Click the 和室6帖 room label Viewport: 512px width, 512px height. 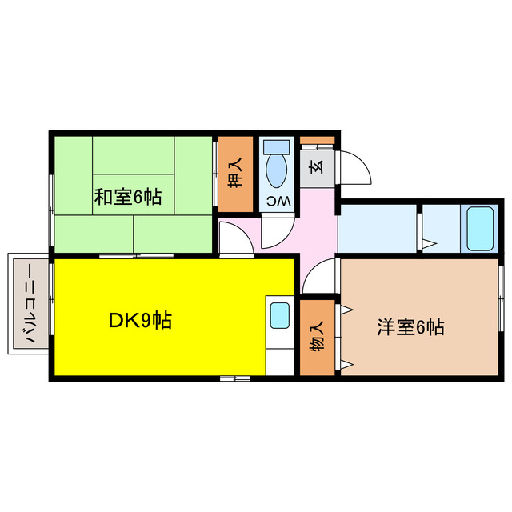(128, 197)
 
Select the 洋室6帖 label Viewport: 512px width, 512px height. (410, 326)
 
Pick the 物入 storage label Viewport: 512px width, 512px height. (318, 337)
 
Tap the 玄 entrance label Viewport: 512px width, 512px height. (316, 169)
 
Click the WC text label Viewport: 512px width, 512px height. (277, 199)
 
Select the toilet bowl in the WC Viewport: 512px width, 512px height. (277, 170)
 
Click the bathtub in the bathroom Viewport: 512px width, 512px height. (480, 228)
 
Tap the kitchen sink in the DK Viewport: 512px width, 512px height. (280, 315)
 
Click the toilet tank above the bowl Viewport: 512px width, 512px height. (277, 147)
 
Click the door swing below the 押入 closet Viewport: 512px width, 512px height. (234, 238)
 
